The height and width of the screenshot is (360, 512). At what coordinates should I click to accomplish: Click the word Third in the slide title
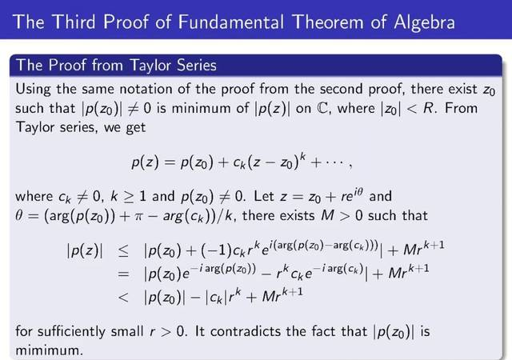point(74,22)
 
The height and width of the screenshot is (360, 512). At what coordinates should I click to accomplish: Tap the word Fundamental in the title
point(231,22)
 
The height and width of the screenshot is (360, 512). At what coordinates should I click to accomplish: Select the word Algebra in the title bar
point(424,23)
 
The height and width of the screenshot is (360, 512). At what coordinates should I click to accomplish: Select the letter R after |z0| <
point(429,108)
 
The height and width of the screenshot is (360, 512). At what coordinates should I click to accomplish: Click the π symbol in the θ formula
point(138,217)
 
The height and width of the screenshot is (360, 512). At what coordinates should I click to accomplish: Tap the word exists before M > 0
point(294,216)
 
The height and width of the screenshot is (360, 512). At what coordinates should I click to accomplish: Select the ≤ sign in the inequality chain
point(123,252)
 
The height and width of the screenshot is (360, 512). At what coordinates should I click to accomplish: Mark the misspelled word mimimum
point(48,351)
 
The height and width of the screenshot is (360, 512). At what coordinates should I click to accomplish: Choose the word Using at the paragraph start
point(33,90)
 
